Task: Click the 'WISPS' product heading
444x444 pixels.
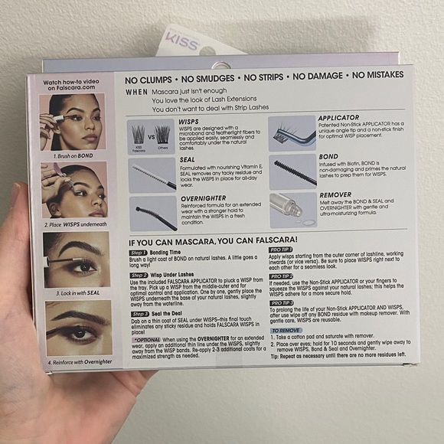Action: (x=189, y=121)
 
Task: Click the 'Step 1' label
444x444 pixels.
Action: (x=139, y=252)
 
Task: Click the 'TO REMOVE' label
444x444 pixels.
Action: (x=285, y=330)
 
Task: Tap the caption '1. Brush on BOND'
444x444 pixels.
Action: (x=74, y=155)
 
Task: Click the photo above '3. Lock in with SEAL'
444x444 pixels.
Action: (x=76, y=260)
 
